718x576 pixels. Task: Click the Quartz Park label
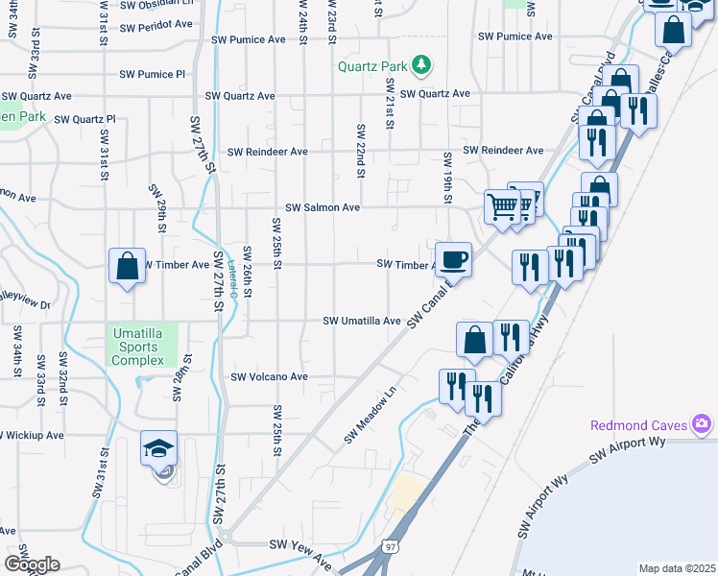pyautogui.click(x=372, y=66)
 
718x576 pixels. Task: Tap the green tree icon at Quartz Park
pyautogui.click(x=420, y=65)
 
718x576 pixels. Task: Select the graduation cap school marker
pyautogui.click(x=159, y=448)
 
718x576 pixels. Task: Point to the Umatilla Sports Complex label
pyautogui.click(x=138, y=347)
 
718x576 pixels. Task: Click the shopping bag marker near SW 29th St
pyautogui.click(x=128, y=266)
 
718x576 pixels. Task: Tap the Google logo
pyautogui.click(x=32, y=564)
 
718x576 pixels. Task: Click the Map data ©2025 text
pyautogui.click(x=677, y=568)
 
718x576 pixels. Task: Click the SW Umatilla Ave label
pyautogui.click(x=361, y=321)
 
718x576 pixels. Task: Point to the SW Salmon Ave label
pyautogui.click(x=323, y=207)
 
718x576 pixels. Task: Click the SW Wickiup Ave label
pyautogui.click(x=32, y=435)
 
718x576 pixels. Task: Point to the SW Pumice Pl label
pyautogui.click(x=152, y=74)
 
